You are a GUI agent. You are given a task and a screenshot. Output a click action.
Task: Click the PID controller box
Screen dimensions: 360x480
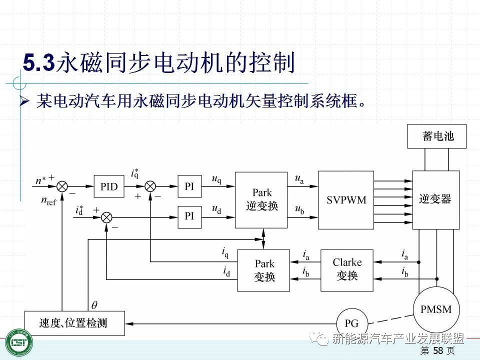[109, 186]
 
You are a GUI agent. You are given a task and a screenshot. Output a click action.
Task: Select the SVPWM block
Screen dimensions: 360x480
[346, 200]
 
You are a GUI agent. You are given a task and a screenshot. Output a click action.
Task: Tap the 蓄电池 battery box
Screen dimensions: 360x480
[437, 136]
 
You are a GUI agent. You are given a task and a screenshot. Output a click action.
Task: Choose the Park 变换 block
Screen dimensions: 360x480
[263, 270]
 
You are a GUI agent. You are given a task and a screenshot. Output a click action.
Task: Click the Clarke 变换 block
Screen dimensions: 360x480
[347, 270]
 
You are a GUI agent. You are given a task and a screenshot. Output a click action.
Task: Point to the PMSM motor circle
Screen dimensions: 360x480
[436, 310]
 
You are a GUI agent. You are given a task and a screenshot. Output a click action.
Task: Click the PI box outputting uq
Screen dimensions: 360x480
[189, 186]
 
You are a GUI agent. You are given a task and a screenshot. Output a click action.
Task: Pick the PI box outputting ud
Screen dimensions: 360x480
[189, 216]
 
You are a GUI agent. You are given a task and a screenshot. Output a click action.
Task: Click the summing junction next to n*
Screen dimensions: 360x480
[62, 186]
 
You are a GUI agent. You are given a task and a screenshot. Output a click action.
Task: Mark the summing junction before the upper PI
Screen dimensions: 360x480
[150, 186]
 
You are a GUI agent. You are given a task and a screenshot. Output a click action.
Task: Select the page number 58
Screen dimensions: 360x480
[438, 351]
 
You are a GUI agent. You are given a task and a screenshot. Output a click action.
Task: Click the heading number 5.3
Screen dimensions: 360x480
[38, 63]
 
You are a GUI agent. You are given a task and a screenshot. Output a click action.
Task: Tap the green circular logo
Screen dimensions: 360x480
[18, 344]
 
